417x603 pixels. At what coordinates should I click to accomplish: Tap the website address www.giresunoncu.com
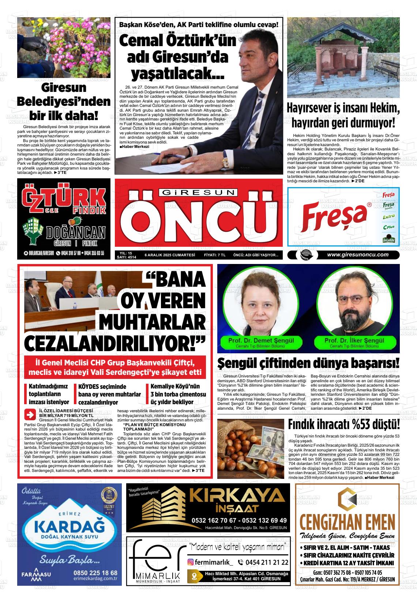coord(358,255)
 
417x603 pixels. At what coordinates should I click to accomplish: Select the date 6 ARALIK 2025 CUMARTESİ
coord(170,255)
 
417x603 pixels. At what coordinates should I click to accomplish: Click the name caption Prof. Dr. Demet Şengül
coord(261,340)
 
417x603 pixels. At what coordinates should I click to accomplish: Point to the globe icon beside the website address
coord(304,255)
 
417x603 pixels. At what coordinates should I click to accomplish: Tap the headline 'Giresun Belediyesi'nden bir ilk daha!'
coord(64,101)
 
